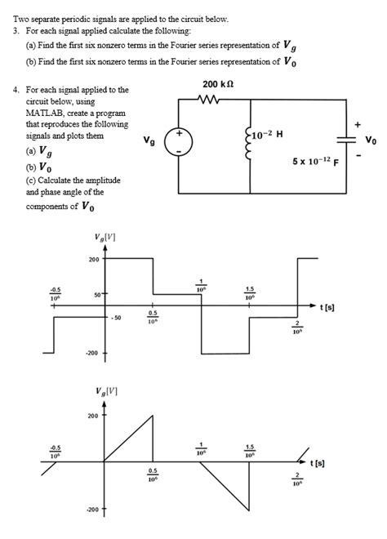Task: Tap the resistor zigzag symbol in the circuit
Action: (x=210, y=102)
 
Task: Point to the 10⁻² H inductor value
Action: (x=270, y=135)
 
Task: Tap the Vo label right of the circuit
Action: (x=371, y=140)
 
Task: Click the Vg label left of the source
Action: (x=149, y=140)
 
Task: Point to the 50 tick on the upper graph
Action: (x=96, y=292)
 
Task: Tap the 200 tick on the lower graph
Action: (x=93, y=416)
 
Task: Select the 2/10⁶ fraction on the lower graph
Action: (x=298, y=479)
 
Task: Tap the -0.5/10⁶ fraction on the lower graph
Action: (x=55, y=451)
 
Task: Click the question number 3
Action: (x=18, y=29)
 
